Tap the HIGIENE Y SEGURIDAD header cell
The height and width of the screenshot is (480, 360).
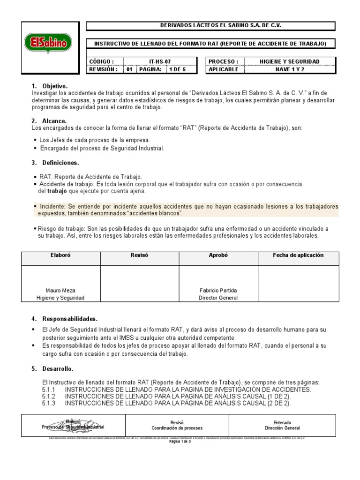289,61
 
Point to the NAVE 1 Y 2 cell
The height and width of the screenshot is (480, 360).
289,69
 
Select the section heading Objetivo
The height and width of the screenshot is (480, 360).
55,86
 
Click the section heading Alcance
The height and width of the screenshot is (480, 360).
54,121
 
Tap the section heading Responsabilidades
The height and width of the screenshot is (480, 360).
70,319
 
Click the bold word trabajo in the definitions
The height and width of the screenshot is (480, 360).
57,191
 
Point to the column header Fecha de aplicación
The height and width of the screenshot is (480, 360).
298,255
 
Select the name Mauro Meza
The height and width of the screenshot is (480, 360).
61,290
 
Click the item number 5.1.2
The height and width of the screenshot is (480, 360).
49,397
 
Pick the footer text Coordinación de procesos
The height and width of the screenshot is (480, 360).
177,428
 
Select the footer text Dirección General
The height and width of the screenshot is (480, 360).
282,428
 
